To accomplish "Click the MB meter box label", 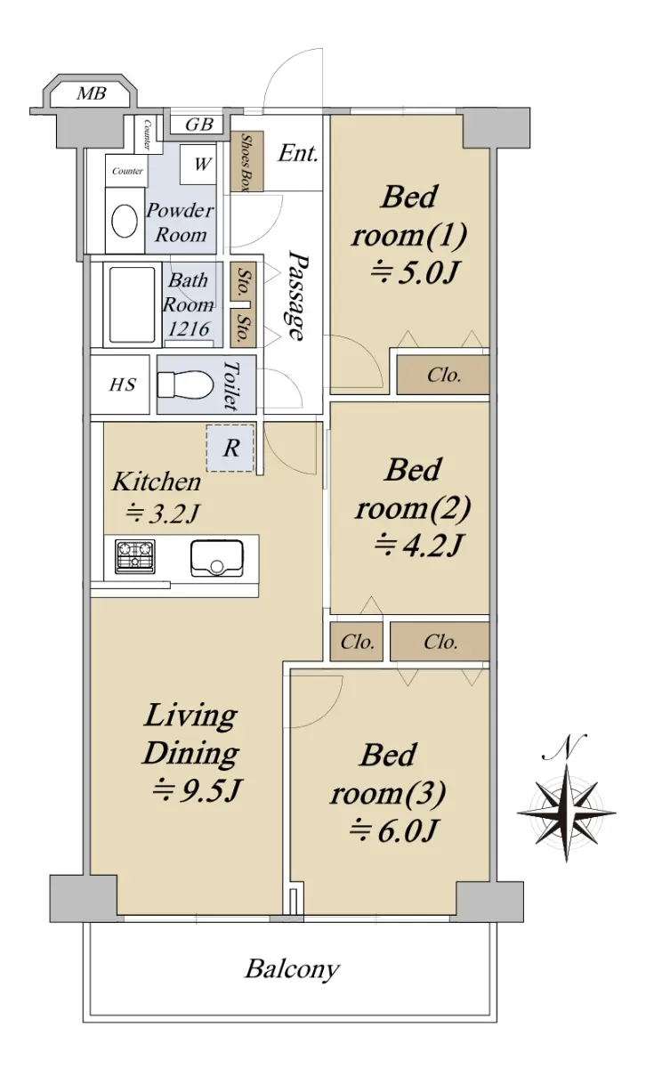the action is (92, 93).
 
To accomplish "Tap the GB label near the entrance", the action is (198, 125).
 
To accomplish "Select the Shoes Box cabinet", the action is (246, 161).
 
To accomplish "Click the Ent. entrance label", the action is (298, 153).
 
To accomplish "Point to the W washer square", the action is (198, 164).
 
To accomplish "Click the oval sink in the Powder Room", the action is (125, 221).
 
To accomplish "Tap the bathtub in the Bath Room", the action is (132, 304).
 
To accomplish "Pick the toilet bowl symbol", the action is (185, 384).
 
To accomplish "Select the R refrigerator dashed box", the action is (230, 448).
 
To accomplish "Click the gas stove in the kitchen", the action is (135, 556).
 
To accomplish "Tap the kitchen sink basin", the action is (217, 558).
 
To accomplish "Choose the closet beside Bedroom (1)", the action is (443, 376).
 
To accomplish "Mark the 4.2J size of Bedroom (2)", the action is (418, 546).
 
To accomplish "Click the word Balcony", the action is (292, 969).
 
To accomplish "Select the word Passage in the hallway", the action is (298, 296).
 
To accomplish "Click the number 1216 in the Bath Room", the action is (189, 328).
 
